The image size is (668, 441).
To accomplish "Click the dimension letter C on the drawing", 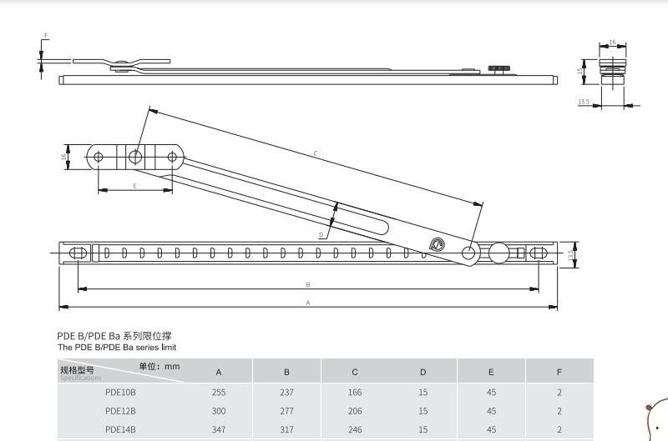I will pyautogui.click(x=315, y=153).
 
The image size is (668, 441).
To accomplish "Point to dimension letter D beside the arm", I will pyautogui.click(x=321, y=235).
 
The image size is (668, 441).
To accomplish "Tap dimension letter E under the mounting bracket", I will pyautogui.click(x=134, y=185).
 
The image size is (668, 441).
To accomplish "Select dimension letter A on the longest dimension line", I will pyautogui.click(x=307, y=302).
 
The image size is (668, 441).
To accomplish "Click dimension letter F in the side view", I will pyautogui.click(x=45, y=36).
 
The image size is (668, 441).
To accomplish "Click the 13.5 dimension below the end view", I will pyautogui.click(x=583, y=103).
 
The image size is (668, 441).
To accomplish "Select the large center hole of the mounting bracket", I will pyautogui.click(x=135, y=156).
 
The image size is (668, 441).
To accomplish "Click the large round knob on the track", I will pyautogui.click(x=499, y=252).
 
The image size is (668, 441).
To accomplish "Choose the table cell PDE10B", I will pyautogui.click(x=120, y=392).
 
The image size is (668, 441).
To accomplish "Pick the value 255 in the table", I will pyautogui.click(x=219, y=392).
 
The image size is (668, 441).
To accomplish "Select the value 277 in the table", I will pyautogui.click(x=286, y=410).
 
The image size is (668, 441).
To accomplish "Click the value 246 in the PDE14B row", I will pyautogui.click(x=355, y=428).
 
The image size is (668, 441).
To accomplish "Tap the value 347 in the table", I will pyautogui.click(x=219, y=428).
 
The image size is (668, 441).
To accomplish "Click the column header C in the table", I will pyautogui.click(x=355, y=372).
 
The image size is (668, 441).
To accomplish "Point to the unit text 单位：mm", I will pyautogui.click(x=159, y=366).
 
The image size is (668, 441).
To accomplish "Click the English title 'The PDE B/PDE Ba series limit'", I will pyautogui.click(x=117, y=347).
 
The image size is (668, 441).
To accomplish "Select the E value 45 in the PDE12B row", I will pyautogui.click(x=491, y=410).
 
